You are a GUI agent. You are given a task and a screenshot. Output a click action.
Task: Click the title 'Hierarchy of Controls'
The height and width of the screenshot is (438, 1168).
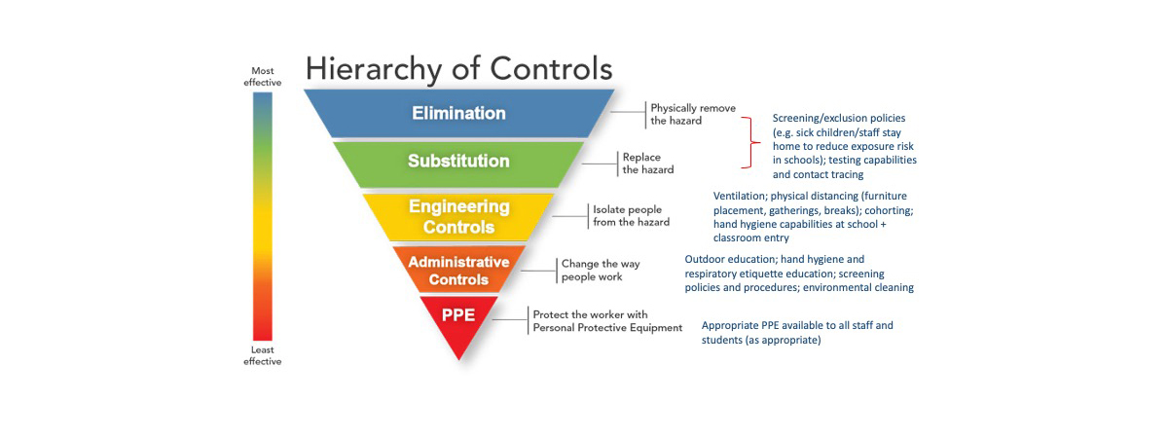pos(458,69)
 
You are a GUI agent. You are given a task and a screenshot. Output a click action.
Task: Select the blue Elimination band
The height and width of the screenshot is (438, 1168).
pos(458,113)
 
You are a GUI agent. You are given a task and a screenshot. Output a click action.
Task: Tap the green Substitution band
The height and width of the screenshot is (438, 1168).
pos(458,161)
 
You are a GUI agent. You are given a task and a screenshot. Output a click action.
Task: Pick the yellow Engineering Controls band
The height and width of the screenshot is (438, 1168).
pos(458,216)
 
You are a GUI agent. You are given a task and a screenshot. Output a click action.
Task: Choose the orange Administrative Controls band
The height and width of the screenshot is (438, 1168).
pos(458,270)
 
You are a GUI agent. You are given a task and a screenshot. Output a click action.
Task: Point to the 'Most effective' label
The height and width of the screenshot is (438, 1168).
pos(262,76)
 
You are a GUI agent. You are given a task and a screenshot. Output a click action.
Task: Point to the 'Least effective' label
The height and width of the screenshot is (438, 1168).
pos(262,355)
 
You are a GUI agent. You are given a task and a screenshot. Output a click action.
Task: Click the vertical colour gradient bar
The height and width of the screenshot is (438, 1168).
pos(262,214)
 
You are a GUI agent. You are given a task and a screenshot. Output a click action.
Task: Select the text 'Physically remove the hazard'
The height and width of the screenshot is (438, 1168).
pos(692,114)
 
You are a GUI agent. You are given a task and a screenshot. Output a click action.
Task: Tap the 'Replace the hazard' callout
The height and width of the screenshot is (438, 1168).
pos(647,163)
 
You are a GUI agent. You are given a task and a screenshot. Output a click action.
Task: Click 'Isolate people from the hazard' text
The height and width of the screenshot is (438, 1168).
pos(631,215)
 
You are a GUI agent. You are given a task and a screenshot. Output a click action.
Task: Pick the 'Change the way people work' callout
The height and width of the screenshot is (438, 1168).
pos(591,270)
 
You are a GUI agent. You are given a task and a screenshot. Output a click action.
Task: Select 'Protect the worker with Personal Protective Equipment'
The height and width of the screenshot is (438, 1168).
pos(606,321)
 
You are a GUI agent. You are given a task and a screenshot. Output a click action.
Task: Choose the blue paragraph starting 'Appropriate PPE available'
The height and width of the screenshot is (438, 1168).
pos(796,332)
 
